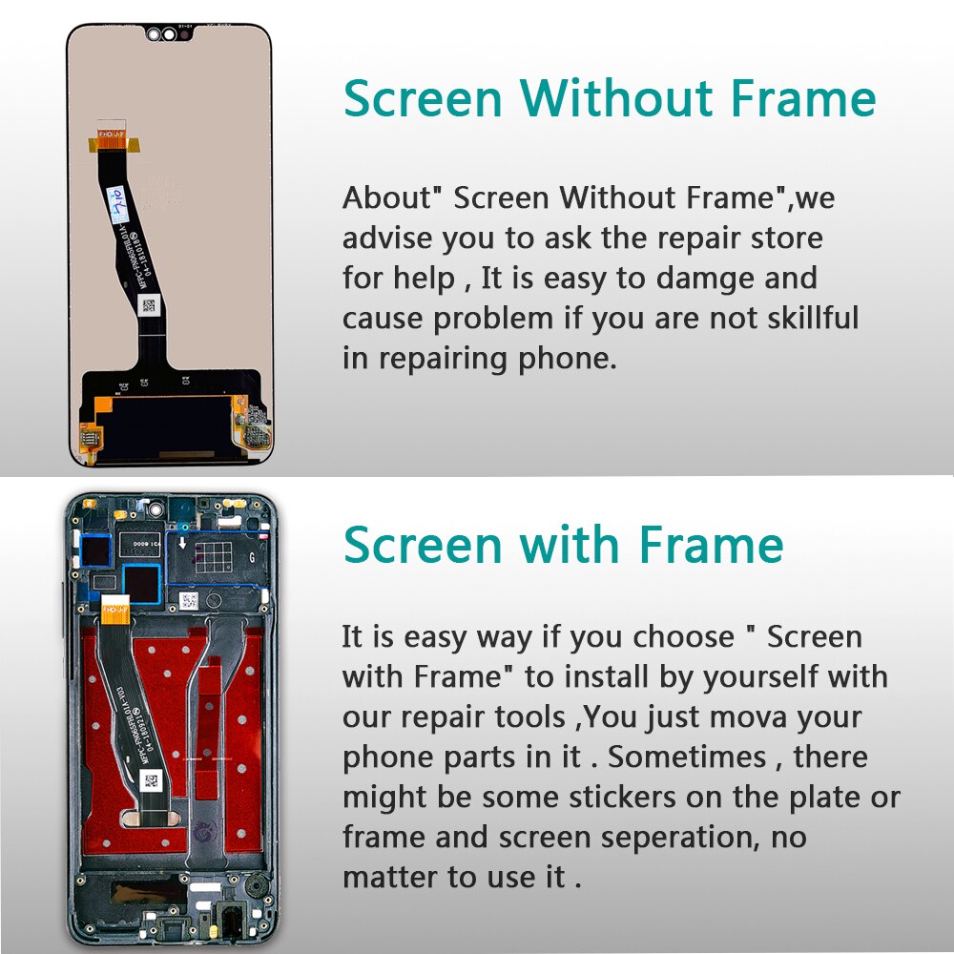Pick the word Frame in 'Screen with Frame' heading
(x=712, y=546)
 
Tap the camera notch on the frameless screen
(x=169, y=35)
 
